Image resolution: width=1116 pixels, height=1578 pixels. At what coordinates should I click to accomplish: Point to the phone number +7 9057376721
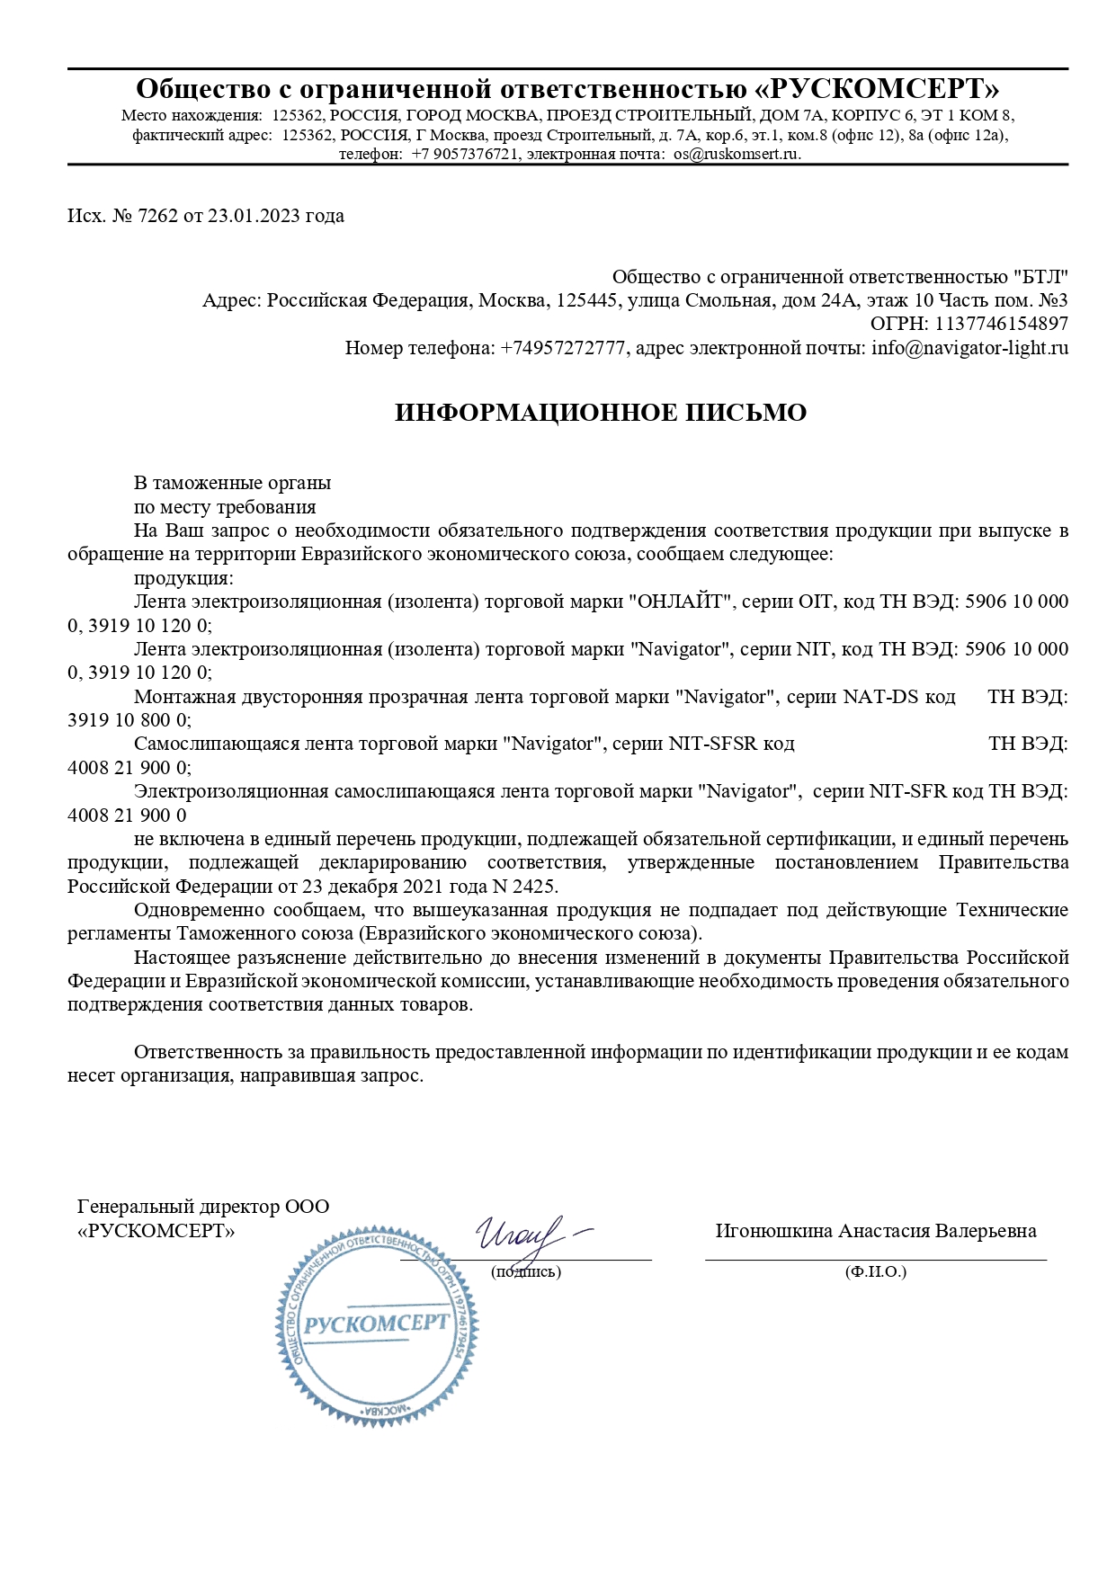(x=466, y=154)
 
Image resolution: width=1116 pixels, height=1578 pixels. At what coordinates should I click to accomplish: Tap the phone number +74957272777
(x=562, y=348)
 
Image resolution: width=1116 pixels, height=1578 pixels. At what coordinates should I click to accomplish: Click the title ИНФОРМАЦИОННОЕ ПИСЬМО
(x=601, y=413)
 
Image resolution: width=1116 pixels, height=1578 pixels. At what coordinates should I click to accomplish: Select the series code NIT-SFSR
(x=713, y=744)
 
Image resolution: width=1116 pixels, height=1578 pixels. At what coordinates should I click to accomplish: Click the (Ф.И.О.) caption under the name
(x=875, y=1271)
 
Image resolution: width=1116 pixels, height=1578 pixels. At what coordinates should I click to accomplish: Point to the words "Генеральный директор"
(x=178, y=1207)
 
